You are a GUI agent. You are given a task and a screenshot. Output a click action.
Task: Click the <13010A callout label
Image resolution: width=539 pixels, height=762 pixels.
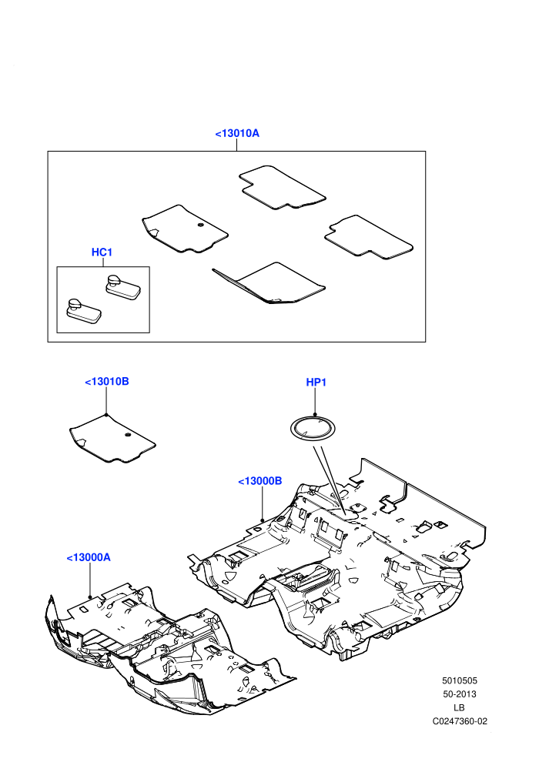[237, 133]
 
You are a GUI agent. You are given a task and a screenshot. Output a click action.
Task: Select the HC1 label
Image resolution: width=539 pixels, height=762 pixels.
[102, 252]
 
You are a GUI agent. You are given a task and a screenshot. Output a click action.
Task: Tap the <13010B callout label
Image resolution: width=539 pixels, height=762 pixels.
[107, 382]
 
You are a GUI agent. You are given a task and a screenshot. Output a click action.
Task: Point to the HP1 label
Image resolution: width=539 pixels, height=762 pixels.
[316, 383]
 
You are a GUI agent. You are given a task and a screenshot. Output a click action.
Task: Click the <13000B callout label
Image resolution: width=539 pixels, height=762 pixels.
[260, 481]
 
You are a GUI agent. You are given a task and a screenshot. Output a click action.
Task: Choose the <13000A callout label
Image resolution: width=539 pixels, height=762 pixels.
[89, 557]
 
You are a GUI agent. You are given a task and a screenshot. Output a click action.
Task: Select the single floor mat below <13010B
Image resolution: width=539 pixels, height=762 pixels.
[112, 439]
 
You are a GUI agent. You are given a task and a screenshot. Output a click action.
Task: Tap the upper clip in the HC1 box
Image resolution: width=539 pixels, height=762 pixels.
[123, 286]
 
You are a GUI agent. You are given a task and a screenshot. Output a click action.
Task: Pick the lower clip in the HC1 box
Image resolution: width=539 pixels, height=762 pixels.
[84, 310]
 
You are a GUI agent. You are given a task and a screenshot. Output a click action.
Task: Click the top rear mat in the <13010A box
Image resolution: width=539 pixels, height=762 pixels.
[283, 188]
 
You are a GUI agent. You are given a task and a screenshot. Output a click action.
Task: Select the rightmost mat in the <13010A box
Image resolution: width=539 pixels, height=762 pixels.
[369, 238]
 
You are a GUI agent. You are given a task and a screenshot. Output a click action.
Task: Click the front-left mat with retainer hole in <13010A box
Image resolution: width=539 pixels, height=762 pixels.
[185, 229]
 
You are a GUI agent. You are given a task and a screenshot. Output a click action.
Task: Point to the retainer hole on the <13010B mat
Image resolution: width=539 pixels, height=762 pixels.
[127, 434]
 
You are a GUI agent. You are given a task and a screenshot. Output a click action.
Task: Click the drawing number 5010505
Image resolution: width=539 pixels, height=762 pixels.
[459, 681]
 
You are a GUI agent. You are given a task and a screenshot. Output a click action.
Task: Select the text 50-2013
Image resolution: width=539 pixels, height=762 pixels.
[459, 694]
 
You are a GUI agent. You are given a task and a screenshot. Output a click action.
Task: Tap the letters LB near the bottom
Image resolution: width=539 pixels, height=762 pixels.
[459, 707]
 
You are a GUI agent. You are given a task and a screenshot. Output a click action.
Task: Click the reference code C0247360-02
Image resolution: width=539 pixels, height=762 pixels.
[460, 721]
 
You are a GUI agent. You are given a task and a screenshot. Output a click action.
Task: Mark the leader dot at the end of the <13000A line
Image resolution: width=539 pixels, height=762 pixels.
[90, 597]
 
